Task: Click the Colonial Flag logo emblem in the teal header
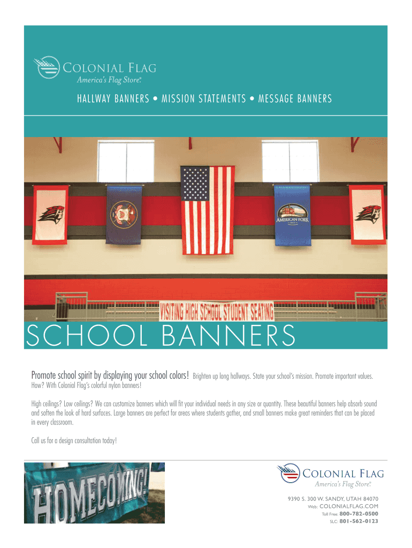click(46, 67)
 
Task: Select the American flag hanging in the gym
click(208, 209)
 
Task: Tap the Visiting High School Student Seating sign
click(217, 311)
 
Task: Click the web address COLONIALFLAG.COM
click(349, 506)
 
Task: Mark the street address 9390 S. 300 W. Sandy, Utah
click(333, 498)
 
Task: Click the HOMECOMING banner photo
click(95, 492)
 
